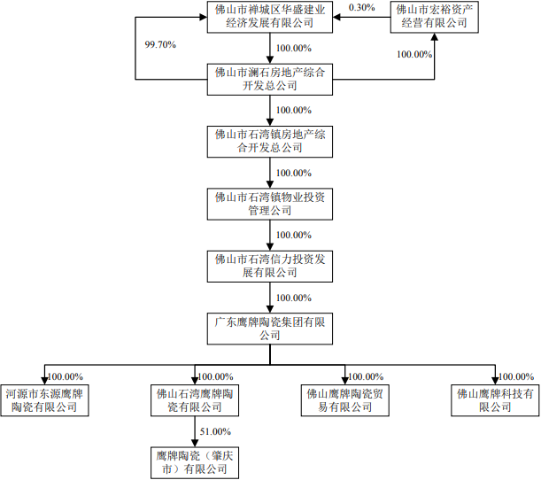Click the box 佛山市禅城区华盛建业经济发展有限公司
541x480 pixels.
270,17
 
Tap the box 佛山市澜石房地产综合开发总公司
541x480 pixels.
270,79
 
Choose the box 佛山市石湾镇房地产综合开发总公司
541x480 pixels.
270,142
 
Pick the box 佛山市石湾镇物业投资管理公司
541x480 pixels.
270,204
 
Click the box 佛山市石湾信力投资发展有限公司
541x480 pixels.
270,267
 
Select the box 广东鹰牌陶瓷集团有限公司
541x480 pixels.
270,329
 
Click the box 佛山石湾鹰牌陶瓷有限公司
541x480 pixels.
195,399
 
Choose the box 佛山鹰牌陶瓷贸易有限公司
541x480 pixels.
345,399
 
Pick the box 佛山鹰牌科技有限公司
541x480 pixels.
495,399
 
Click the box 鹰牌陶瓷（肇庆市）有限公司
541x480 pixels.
195,461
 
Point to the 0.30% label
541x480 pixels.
362,6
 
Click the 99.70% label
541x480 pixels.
161,42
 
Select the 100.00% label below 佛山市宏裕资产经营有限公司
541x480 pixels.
414,54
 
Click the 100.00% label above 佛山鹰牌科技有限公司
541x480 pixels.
516,376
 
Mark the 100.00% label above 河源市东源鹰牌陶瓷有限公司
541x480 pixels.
65,376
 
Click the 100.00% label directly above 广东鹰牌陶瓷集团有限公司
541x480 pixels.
294,298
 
